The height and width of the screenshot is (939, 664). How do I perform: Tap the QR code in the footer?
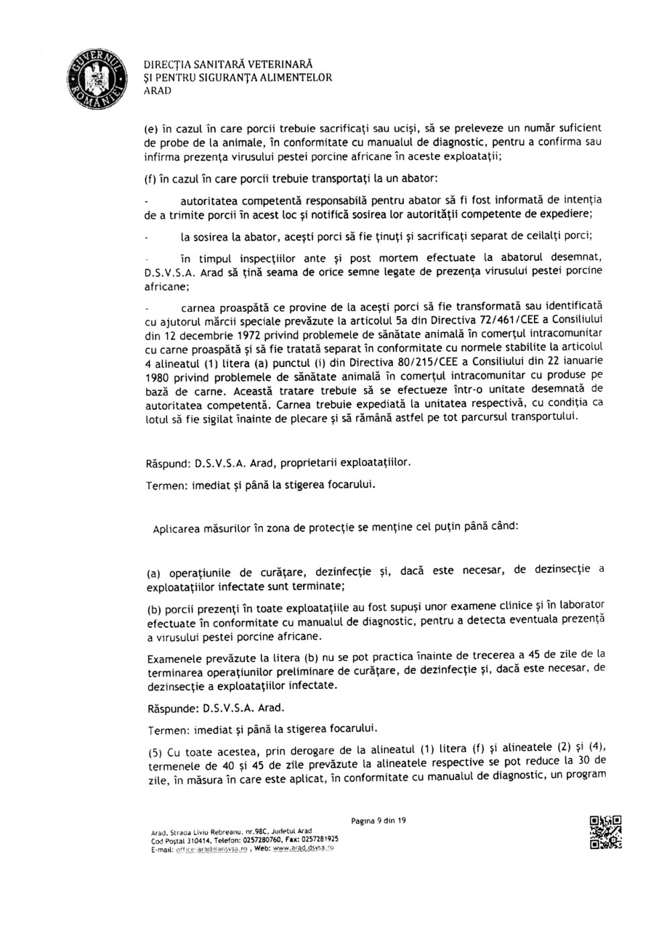click(606, 834)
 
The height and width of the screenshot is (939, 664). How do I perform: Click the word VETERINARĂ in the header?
click(278, 65)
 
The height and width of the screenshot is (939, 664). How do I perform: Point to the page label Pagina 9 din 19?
click(379, 820)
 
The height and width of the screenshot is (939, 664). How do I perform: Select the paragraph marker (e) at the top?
click(151, 127)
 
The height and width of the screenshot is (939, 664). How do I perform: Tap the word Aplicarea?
click(176, 528)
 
